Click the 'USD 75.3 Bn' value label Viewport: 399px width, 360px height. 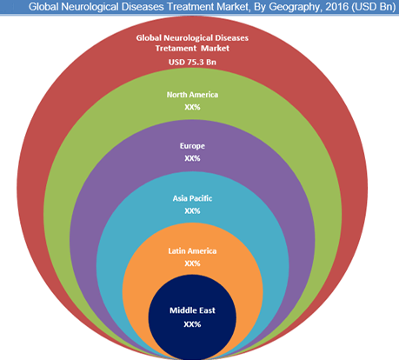[x=192, y=62]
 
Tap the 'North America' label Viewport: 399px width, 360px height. [x=192, y=95]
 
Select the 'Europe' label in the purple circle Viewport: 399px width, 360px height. [x=192, y=146]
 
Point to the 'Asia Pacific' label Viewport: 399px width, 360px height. [x=192, y=198]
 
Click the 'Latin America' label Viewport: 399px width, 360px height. [x=192, y=250]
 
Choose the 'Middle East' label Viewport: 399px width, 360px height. [x=192, y=310]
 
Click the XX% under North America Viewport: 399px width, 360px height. [x=192, y=107]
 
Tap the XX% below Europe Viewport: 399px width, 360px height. [x=192, y=158]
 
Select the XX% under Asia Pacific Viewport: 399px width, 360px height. [x=192, y=210]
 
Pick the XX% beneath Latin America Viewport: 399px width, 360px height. [x=192, y=263]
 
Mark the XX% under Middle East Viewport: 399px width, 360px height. [x=192, y=323]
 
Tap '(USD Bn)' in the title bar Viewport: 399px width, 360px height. [x=374, y=7]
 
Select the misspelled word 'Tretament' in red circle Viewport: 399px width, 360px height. [x=176, y=48]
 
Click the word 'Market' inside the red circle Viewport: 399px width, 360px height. [x=216, y=48]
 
